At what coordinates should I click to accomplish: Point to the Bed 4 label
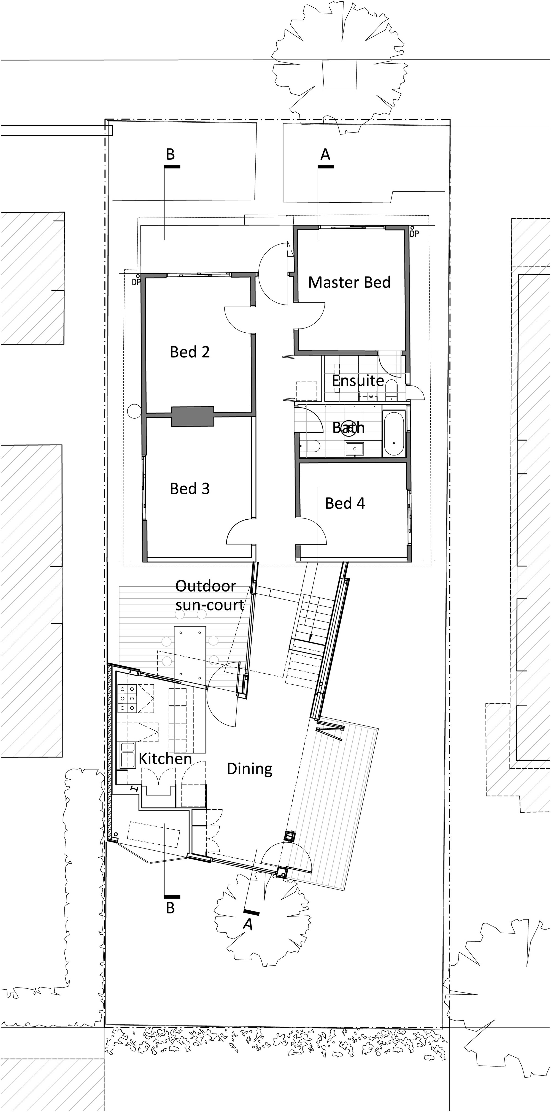pyautogui.click(x=345, y=503)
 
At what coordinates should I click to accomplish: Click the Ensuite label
pyautogui.click(x=358, y=381)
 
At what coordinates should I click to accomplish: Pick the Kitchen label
pyautogui.click(x=165, y=759)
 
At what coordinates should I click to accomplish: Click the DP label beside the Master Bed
pyautogui.click(x=415, y=234)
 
